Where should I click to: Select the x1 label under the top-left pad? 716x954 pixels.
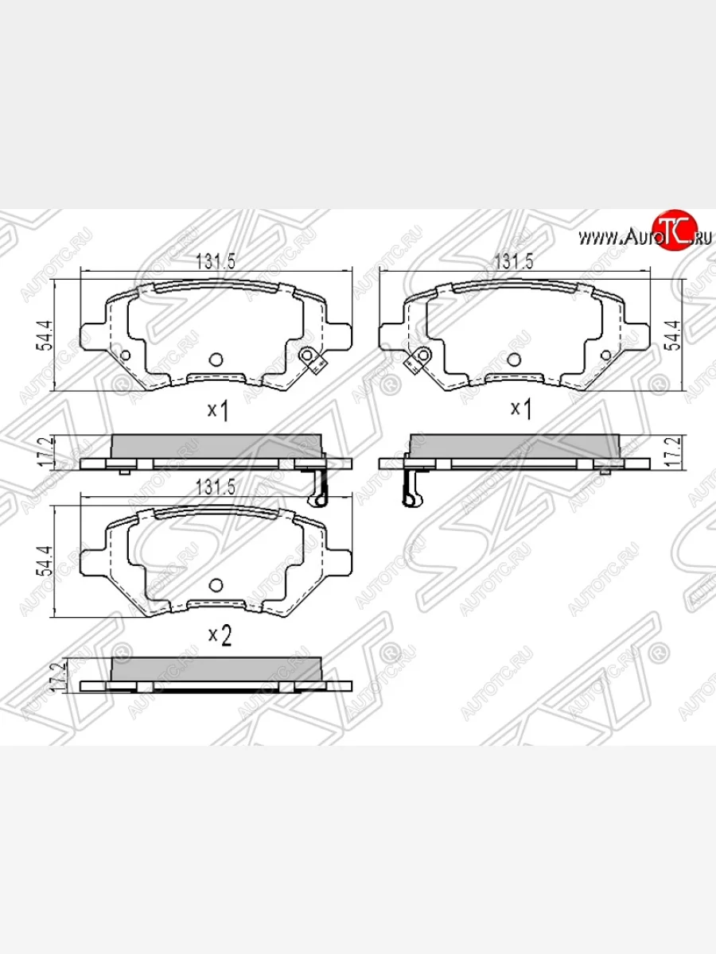coord(218,410)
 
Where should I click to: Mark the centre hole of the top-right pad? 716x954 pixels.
coord(515,359)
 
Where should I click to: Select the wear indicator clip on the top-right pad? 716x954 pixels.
coord(417,359)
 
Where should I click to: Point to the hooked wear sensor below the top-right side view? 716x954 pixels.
coord(411,487)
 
